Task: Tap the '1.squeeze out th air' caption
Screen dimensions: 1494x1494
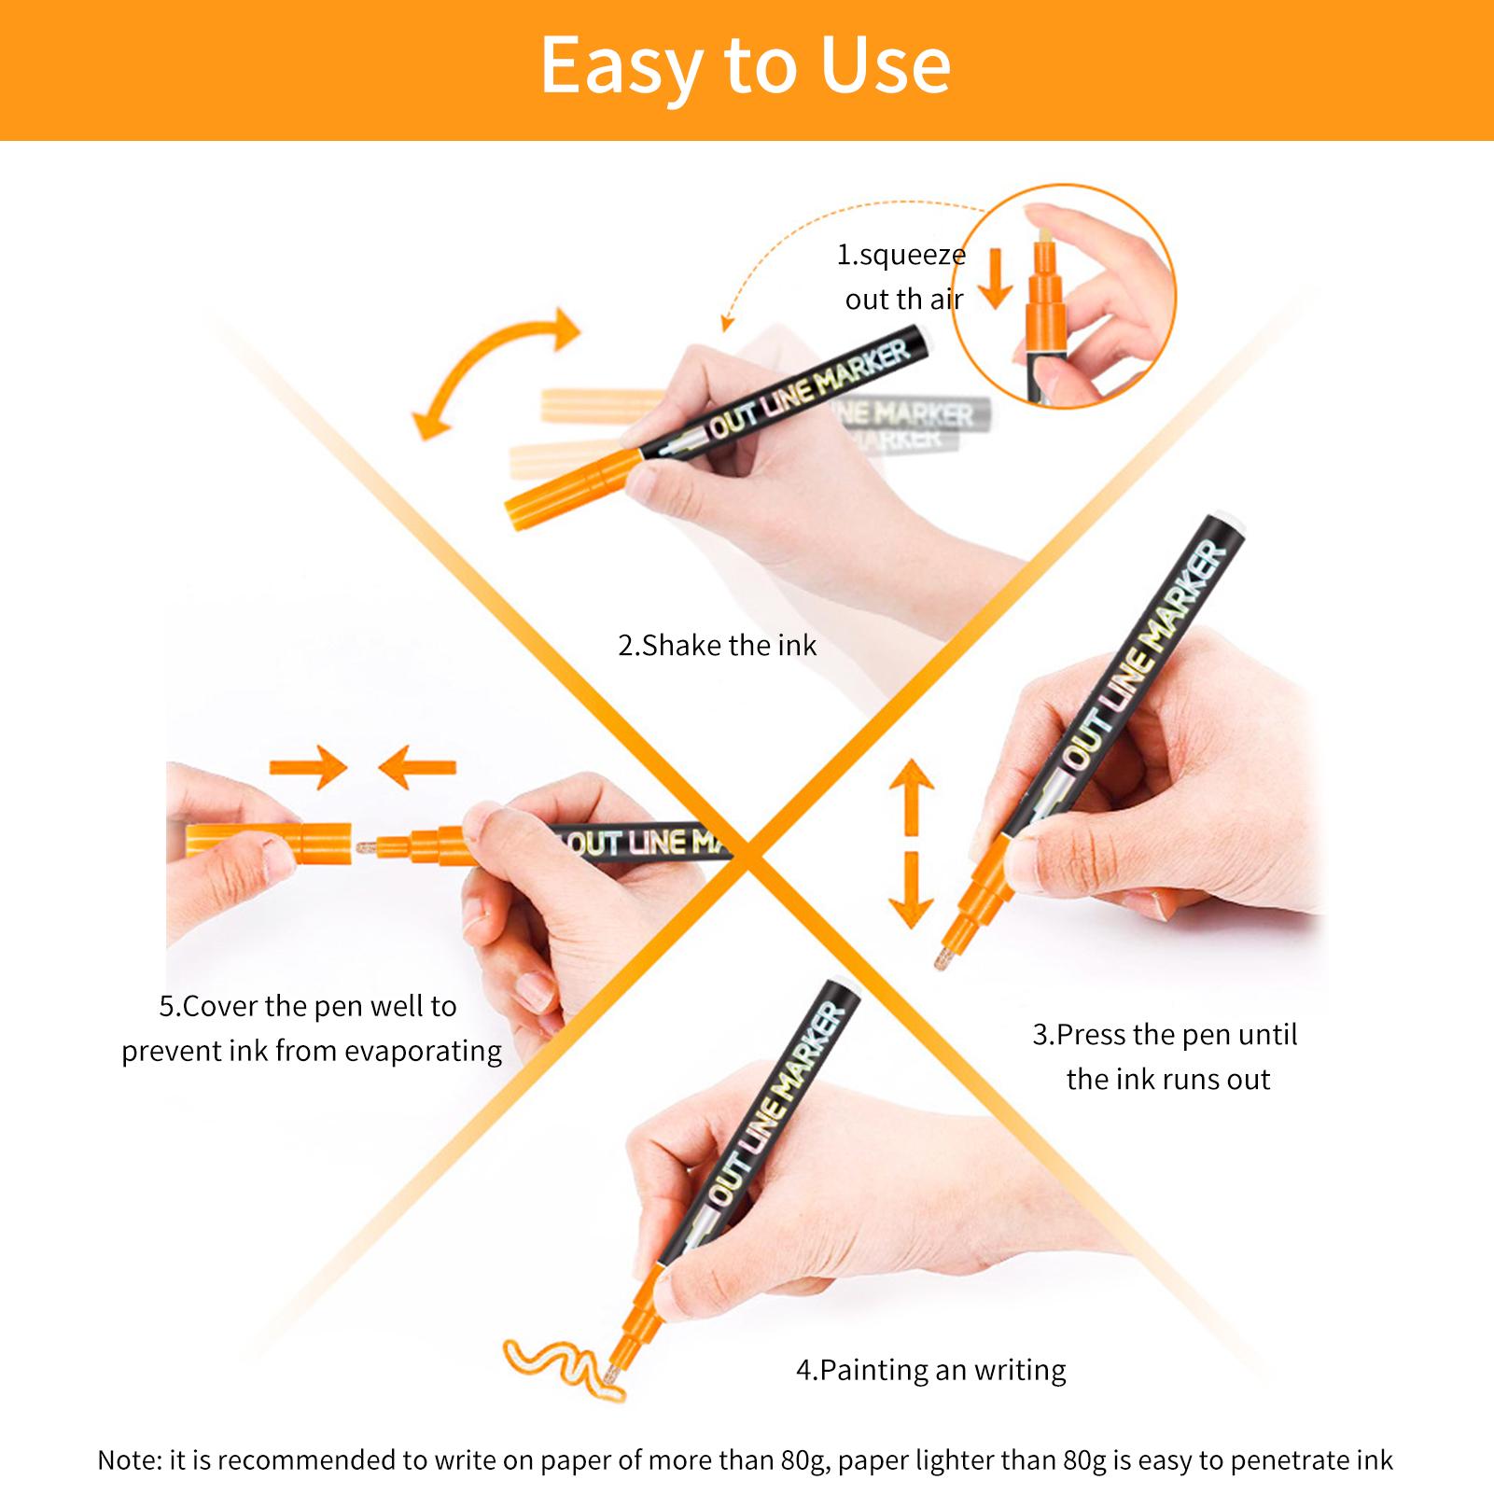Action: coord(901,276)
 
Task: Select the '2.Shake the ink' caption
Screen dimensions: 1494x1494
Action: coord(717,645)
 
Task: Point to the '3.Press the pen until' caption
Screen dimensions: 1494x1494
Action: coord(1165,1034)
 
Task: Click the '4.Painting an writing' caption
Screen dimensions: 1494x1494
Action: coord(930,1370)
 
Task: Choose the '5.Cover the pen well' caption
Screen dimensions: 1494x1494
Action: coord(308,1006)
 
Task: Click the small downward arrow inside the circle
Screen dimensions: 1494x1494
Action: coord(996,278)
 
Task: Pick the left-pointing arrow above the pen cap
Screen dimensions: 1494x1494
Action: coord(417,768)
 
